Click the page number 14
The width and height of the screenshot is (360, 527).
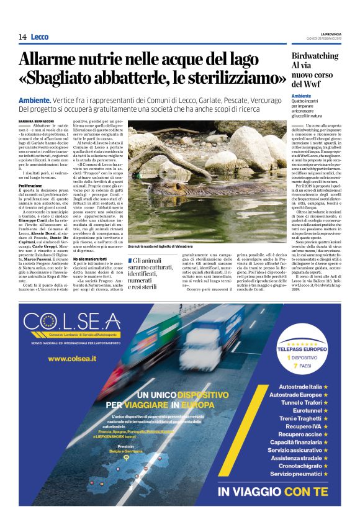(22, 37)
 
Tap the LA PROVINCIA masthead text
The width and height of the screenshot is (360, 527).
(326, 34)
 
